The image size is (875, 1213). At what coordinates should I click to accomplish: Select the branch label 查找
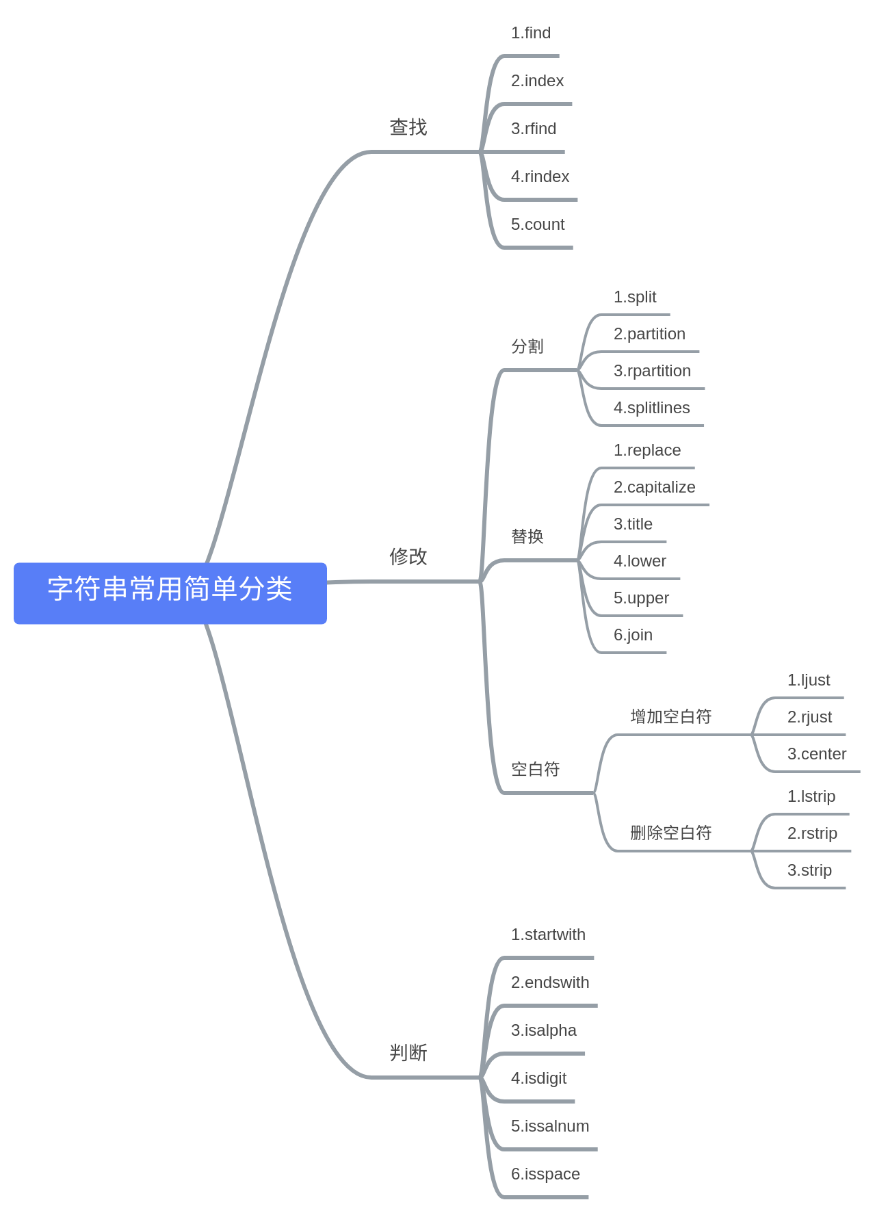[408, 127]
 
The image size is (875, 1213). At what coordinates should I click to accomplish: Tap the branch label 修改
[408, 557]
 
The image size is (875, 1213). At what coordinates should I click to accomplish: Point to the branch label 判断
[408, 1052]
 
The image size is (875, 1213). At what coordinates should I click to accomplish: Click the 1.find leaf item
[530, 33]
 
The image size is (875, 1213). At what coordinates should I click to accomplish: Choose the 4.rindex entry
[540, 177]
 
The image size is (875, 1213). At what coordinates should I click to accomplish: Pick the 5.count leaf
[538, 224]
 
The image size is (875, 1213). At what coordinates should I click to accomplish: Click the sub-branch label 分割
[527, 346]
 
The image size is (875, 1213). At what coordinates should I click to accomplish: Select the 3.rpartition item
[652, 371]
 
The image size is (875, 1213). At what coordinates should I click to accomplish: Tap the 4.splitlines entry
[651, 408]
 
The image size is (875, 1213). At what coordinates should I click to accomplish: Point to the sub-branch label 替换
[527, 536]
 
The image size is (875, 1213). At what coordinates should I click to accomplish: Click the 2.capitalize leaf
[654, 487]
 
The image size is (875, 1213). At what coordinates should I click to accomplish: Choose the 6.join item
[633, 635]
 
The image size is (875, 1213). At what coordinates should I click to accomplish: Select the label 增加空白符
[670, 716]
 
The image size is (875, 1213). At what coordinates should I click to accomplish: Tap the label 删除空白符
[670, 833]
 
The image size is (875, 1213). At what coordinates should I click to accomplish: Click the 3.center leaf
[816, 754]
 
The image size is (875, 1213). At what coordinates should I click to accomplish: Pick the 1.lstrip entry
[811, 796]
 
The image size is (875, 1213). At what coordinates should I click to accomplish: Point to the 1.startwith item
[548, 935]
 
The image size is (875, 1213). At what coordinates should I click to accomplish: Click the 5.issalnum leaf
[550, 1126]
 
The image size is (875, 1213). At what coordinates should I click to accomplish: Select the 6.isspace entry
[545, 1174]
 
